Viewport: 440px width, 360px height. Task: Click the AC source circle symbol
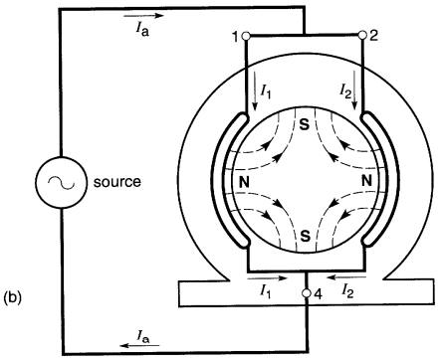click(61, 182)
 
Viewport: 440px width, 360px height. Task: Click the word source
click(117, 182)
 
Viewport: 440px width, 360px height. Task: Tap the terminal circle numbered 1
click(246, 36)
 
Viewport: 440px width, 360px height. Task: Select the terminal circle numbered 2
click(362, 35)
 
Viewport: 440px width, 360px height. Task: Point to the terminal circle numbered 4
click(308, 293)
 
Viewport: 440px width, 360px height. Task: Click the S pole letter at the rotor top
click(305, 125)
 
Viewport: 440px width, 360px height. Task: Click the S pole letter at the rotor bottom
click(305, 235)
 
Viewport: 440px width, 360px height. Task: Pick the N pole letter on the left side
click(244, 182)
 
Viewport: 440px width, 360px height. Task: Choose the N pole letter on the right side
click(366, 181)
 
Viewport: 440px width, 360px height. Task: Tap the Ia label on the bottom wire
click(143, 336)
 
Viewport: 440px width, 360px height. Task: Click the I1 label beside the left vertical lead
click(266, 90)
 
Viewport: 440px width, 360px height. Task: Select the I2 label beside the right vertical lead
click(344, 90)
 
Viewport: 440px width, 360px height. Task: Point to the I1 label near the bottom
click(266, 291)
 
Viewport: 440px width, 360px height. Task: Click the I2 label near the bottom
click(347, 290)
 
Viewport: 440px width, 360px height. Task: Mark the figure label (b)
click(12, 297)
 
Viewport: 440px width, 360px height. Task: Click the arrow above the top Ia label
click(143, 16)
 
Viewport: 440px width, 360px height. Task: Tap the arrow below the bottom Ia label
click(139, 346)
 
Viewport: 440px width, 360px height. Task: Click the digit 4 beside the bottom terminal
click(318, 294)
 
